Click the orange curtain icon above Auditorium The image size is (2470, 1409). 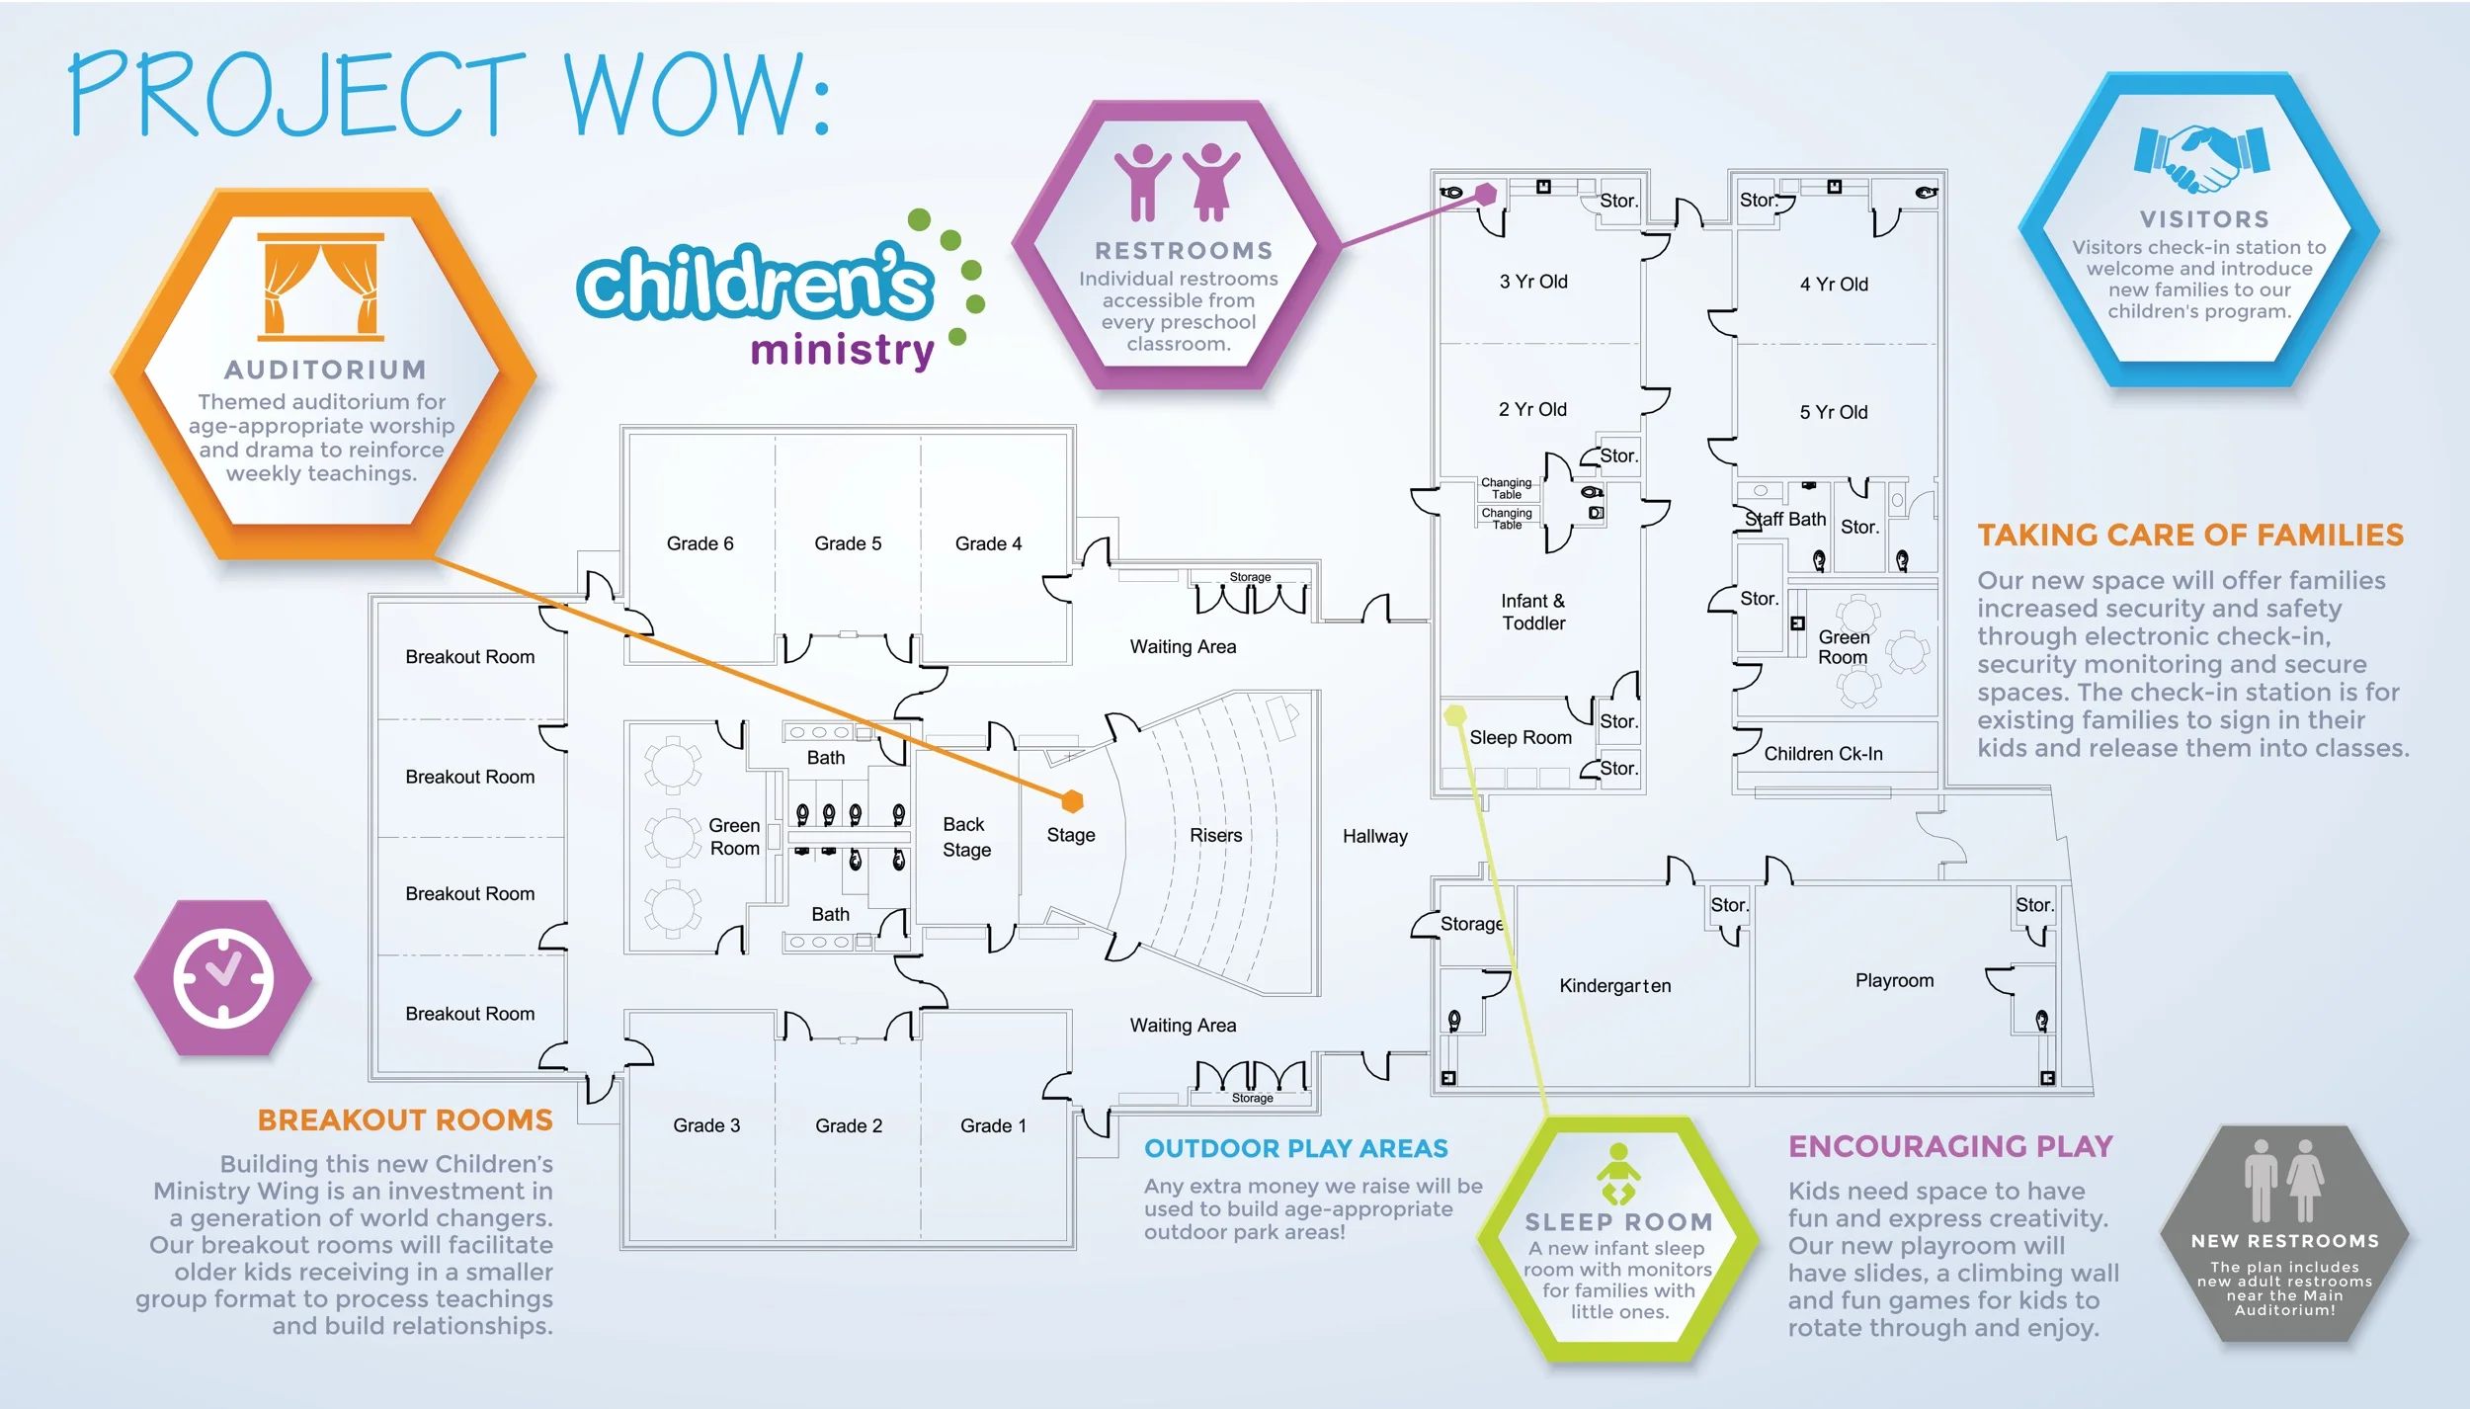(x=320, y=287)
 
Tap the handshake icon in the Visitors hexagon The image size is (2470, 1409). (x=2202, y=158)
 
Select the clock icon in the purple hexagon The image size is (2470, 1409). (x=223, y=978)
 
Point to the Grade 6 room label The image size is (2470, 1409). (x=700, y=543)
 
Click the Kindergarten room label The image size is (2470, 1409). (x=1615, y=985)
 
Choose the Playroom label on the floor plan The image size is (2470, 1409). (x=1894, y=980)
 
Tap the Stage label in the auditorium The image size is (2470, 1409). (x=1071, y=835)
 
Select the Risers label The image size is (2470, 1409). (x=1215, y=835)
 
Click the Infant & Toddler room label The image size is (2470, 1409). (x=1533, y=612)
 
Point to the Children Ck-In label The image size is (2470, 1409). (x=1823, y=754)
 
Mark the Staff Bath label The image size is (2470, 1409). (x=1785, y=519)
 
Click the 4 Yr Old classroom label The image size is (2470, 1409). (x=1834, y=285)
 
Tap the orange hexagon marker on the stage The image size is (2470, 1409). (x=1072, y=800)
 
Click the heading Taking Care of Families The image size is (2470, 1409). (x=2190, y=536)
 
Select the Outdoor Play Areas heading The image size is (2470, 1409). (x=1295, y=1148)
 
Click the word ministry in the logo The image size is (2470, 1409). (x=842, y=351)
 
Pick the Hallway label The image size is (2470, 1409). (x=1374, y=836)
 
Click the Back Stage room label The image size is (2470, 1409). (x=966, y=837)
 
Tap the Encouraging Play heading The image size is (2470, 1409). (x=1950, y=1146)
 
